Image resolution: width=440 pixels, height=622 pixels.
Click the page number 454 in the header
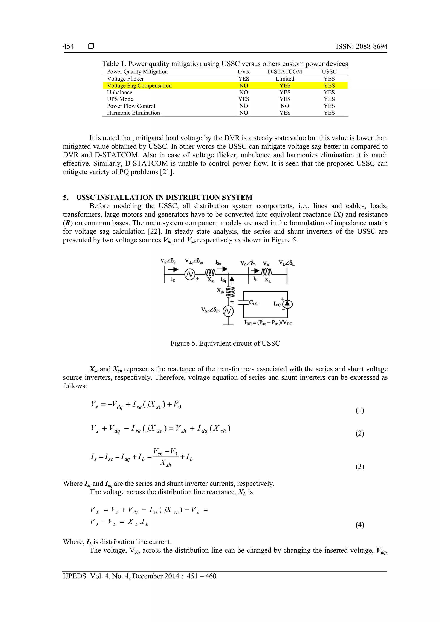[x=68, y=46]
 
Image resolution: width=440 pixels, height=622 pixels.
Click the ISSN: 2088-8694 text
[x=361, y=46]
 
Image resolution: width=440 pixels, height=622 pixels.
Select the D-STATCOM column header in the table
[x=285, y=71]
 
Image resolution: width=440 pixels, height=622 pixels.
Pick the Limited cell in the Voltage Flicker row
[x=285, y=79]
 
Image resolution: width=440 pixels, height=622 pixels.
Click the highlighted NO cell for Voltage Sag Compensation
[x=243, y=86]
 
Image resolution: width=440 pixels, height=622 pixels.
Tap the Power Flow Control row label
[x=131, y=106]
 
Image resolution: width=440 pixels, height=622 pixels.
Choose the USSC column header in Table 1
[x=329, y=71]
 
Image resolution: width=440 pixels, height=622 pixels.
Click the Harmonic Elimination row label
[x=133, y=113]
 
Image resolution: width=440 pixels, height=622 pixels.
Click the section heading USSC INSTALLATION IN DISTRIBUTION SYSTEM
[x=164, y=197]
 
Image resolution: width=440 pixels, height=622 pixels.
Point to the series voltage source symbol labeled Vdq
[x=189, y=275]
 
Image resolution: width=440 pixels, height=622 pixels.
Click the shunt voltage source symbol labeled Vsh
[x=228, y=312]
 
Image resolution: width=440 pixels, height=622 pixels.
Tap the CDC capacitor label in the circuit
[x=254, y=303]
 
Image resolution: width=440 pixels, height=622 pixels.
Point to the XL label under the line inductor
[x=267, y=280]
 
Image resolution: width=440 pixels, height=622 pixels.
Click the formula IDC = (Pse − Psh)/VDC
[x=268, y=323]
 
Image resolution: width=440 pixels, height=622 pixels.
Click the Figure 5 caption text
[x=225, y=343]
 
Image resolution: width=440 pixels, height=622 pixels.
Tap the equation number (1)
[x=359, y=410]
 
